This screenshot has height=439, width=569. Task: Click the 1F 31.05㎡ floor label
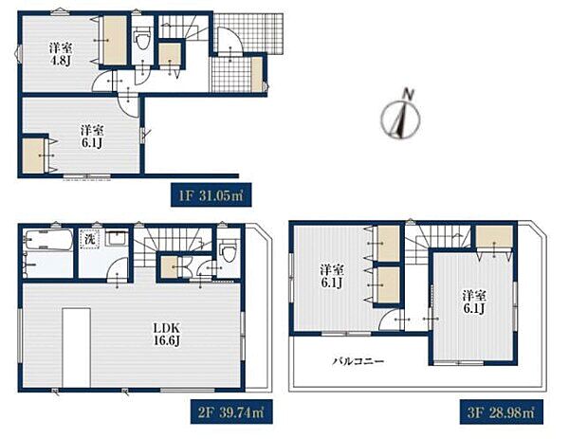(x=211, y=194)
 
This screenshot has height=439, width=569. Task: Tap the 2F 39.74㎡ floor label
(x=231, y=412)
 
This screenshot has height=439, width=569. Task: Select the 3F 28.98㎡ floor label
(x=501, y=412)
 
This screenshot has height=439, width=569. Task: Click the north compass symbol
(x=401, y=116)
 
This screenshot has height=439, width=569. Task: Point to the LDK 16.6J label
(x=167, y=335)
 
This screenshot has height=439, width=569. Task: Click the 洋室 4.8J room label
(x=61, y=53)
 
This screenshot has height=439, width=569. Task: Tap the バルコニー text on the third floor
(x=358, y=361)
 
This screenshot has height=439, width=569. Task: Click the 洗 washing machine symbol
(x=90, y=239)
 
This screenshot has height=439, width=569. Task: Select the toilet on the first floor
(x=141, y=39)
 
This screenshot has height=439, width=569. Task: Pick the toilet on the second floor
(x=229, y=250)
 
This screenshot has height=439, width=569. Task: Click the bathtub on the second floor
(x=48, y=240)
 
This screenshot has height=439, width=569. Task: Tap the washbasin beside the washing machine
(x=116, y=239)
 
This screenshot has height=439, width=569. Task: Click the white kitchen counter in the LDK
(x=76, y=348)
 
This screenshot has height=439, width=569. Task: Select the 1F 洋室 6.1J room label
(x=91, y=137)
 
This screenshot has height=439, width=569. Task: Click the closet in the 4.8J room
(x=115, y=41)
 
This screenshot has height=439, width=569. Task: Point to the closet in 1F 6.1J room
(x=33, y=155)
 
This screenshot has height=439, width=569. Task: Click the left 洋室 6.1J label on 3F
(x=332, y=277)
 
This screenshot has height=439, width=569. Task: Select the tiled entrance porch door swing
(x=229, y=41)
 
